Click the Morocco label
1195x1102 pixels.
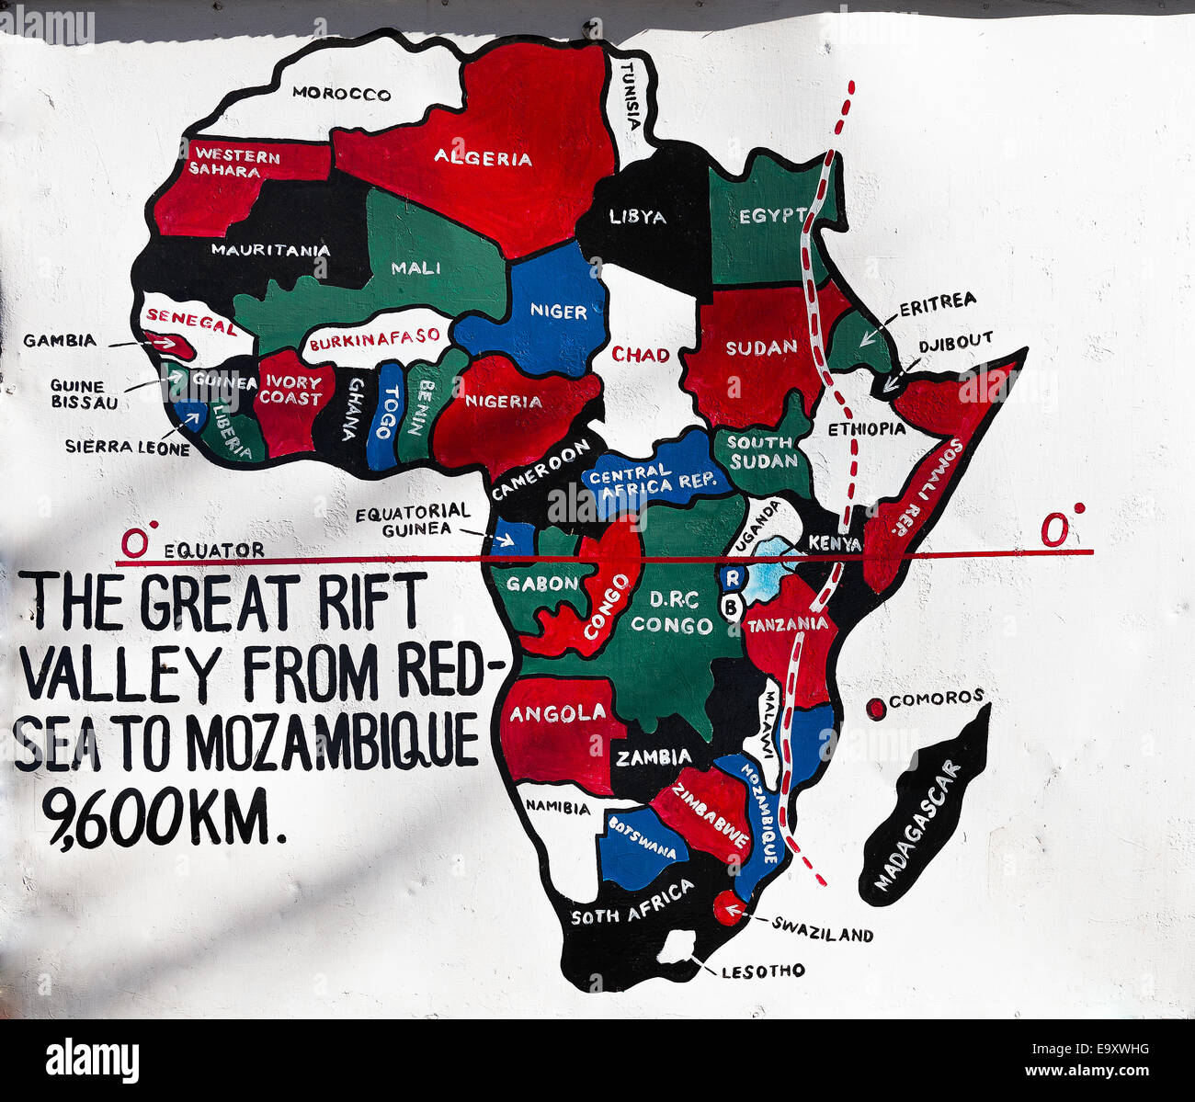(341, 94)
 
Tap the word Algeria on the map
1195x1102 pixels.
(483, 158)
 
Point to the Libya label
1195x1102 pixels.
(638, 218)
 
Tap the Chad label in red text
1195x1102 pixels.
(641, 354)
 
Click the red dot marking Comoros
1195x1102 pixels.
(876, 708)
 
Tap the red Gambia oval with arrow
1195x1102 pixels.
(169, 344)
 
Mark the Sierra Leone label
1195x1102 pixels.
(127, 448)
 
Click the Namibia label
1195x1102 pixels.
(557, 808)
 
